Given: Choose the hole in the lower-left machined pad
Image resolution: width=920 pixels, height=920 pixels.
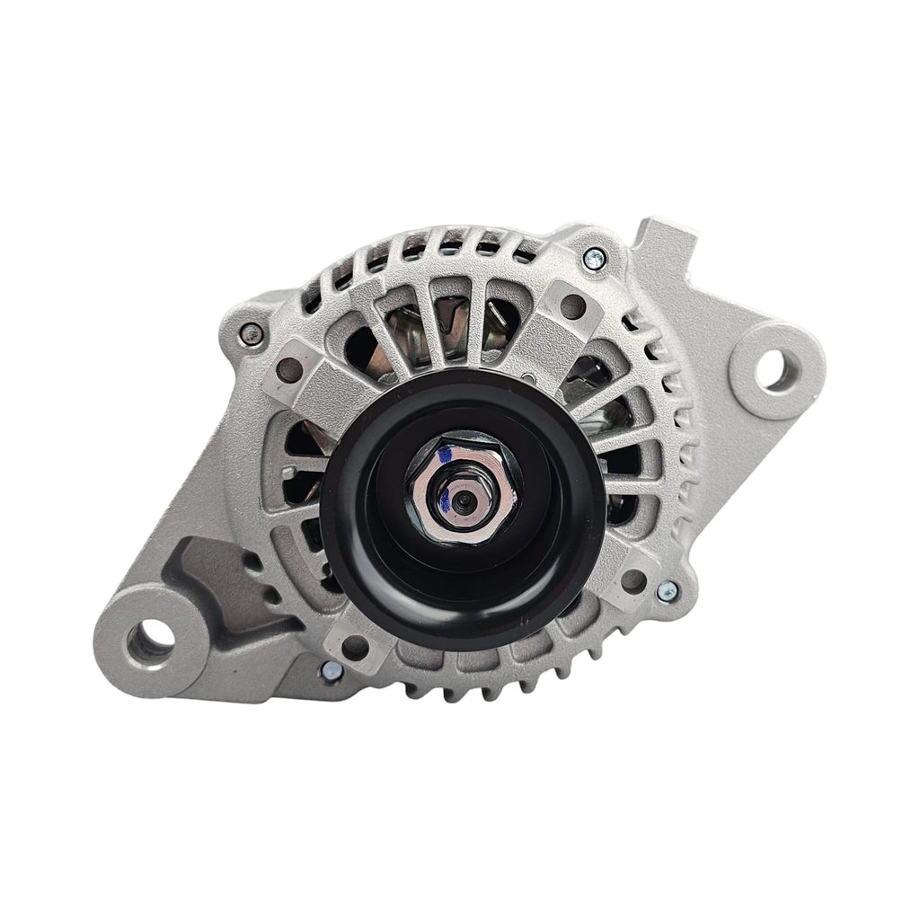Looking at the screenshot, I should [x=353, y=643].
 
